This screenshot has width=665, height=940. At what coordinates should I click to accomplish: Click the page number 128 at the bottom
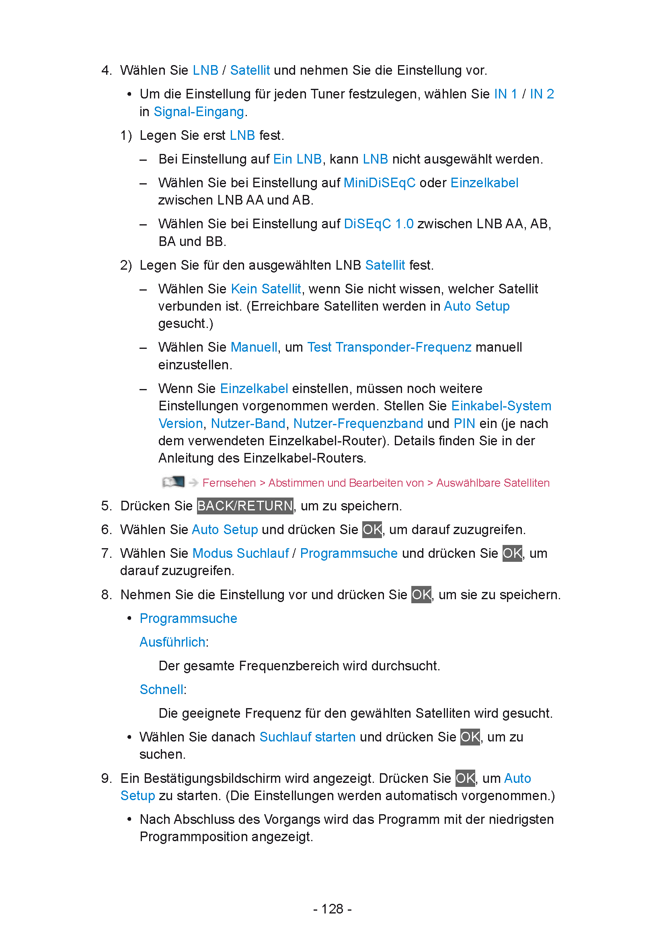pos(332,909)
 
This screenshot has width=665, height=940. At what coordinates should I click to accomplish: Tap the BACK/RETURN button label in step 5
pos(245,506)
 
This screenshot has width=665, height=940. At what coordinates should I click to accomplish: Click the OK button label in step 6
pos(372,530)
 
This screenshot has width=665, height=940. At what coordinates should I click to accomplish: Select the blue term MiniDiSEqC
pos(379,183)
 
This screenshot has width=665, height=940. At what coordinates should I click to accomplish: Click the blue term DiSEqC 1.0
pos(378,224)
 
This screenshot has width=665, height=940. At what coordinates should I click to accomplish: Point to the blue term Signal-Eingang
pos(199,112)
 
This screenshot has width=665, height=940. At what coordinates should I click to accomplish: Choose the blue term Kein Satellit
pos(266,289)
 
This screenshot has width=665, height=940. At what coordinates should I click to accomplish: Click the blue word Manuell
pos(254,347)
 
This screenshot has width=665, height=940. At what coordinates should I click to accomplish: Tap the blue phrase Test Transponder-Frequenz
pos(389,347)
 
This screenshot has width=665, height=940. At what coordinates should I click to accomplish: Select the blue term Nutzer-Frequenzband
pos(358,424)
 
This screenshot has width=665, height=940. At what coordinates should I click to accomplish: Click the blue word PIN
pos(464,424)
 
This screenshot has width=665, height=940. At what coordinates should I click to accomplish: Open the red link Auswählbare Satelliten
pos(493,483)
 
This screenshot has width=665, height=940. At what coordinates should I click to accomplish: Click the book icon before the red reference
pos(173,482)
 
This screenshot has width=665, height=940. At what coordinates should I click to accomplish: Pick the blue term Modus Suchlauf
pos(240,553)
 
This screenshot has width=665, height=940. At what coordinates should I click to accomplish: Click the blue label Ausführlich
pos(172,642)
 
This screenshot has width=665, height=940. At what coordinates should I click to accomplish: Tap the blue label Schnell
pos(161,690)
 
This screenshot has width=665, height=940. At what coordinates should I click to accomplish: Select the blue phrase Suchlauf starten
pos(307,737)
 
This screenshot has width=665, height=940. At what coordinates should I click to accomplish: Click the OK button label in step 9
pos(465,778)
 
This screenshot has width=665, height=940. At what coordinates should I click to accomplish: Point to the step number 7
pos(106,553)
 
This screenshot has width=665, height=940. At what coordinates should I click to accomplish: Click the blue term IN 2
pos(542,94)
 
